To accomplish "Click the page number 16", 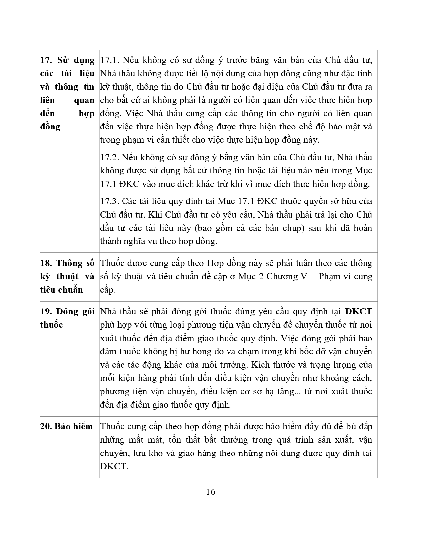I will pos(210,492).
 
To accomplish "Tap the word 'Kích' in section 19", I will pos(260,365).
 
